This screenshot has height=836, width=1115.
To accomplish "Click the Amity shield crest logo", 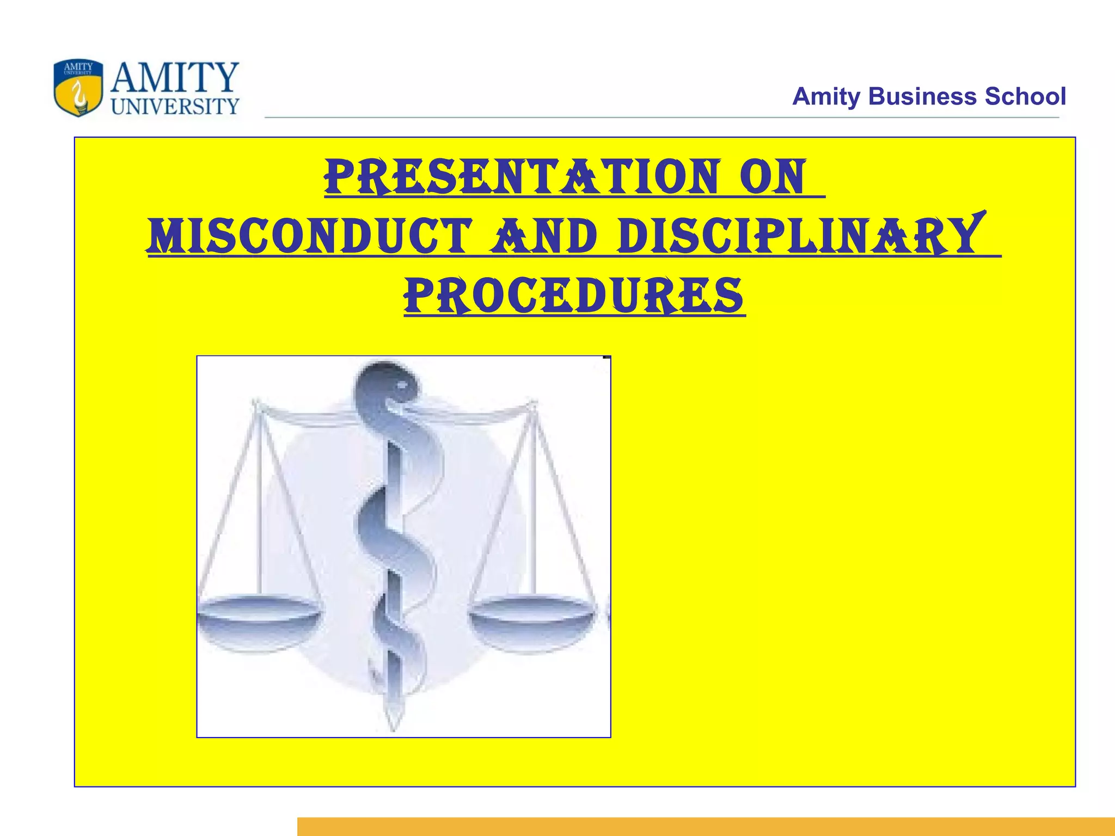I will [78, 88].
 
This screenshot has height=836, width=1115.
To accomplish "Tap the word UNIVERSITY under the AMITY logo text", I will [175, 106].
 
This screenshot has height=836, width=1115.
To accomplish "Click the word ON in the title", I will [773, 177].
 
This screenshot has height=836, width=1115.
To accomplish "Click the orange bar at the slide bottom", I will [706, 826].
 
